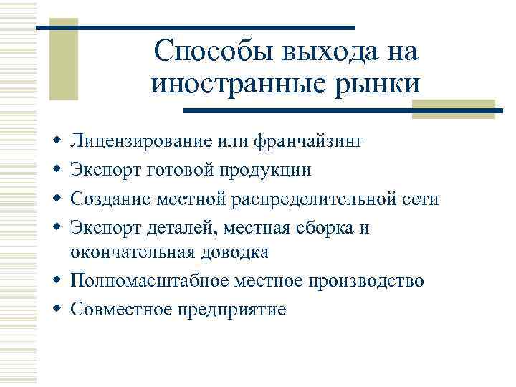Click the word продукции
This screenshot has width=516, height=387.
point(267,169)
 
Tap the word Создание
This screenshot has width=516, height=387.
point(105,197)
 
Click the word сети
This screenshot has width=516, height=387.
point(424,197)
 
